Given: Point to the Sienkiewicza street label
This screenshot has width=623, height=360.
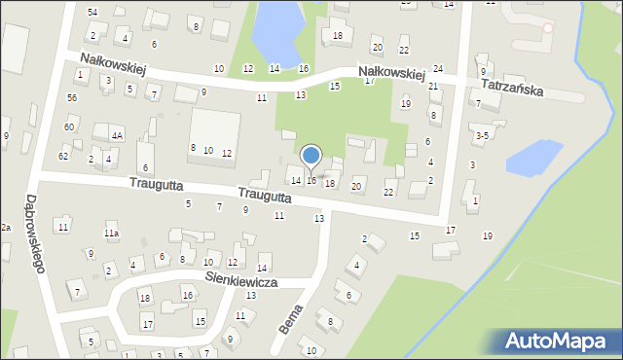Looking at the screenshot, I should pyautogui.click(x=241, y=280).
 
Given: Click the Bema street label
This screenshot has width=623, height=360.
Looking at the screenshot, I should pyautogui.click(x=290, y=318).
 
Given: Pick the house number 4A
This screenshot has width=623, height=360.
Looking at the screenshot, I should pyautogui.click(x=116, y=136).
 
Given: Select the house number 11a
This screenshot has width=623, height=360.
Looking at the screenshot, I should pyautogui.click(x=112, y=234).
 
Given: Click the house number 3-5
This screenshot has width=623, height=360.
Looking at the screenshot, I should pyautogui.click(x=481, y=136).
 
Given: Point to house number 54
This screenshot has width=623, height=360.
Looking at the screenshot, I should pyautogui.click(x=92, y=12).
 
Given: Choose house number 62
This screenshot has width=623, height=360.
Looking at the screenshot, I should pyautogui.click(x=63, y=156).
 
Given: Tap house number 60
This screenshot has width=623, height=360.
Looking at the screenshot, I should pyautogui.click(x=69, y=127).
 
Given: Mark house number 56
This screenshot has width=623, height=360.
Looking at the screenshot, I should pyautogui.click(x=72, y=98).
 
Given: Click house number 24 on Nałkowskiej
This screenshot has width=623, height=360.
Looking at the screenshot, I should pyautogui.click(x=438, y=69).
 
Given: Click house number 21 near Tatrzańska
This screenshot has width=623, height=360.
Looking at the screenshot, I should pyautogui.click(x=433, y=87).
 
